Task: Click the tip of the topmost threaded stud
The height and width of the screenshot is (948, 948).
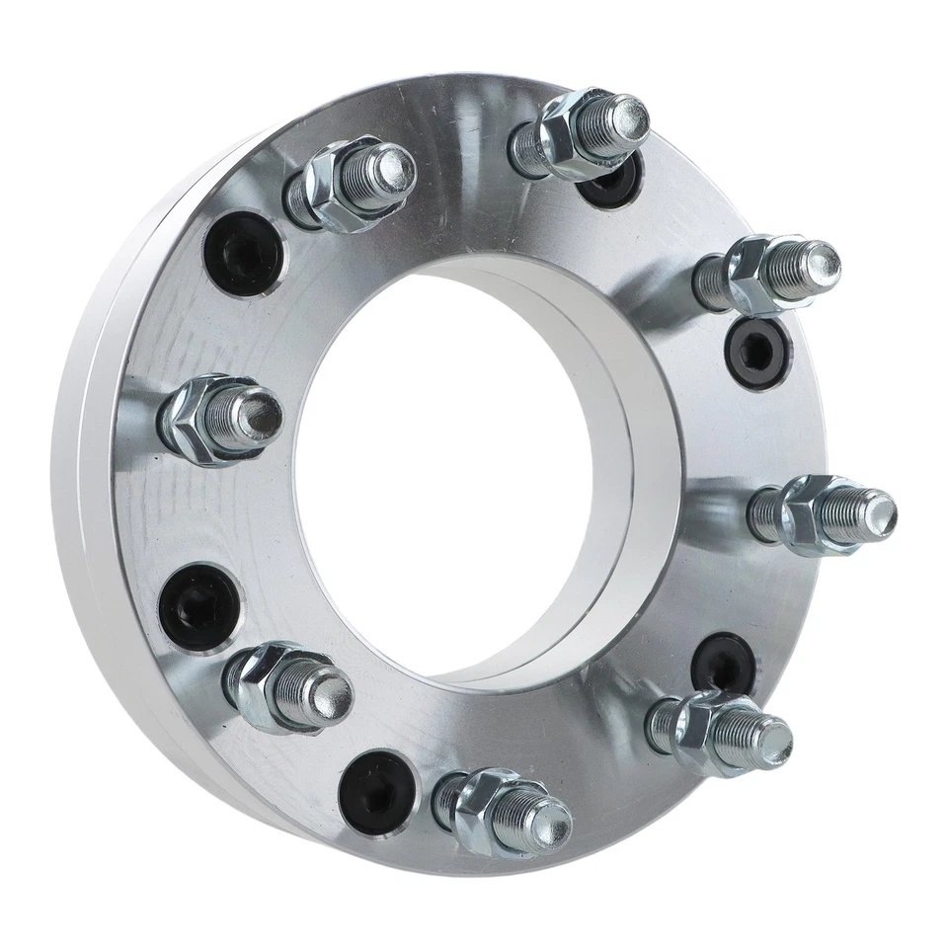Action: [628, 116]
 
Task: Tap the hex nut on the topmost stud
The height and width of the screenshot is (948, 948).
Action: [568, 132]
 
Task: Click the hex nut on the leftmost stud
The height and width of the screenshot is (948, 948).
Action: [194, 420]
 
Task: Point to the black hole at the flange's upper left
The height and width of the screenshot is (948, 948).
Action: [244, 253]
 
